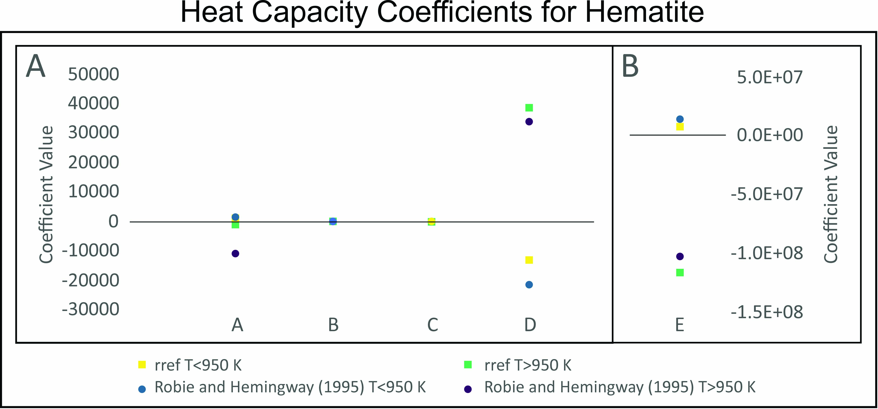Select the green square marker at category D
[529, 108]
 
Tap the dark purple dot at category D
[529, 122]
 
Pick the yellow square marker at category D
[529, 260]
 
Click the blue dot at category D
[529, 284]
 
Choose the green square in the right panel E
[680, 272]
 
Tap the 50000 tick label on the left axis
[93, 74]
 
